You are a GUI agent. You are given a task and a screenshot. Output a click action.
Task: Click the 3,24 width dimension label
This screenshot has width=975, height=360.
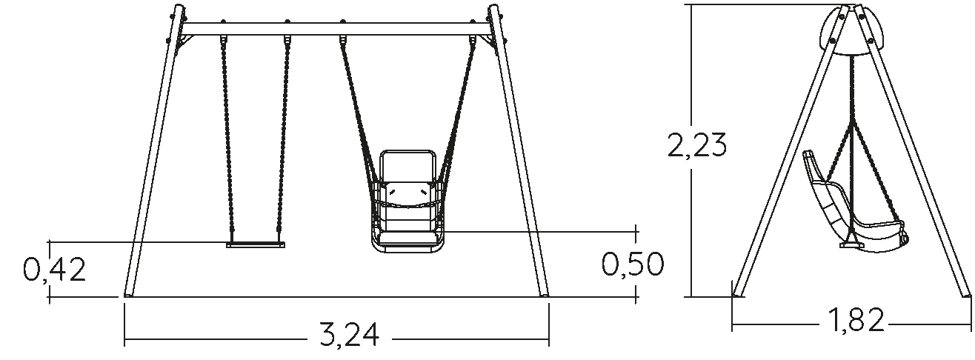350,334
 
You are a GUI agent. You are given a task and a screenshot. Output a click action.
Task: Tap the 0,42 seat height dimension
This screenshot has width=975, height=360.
54,270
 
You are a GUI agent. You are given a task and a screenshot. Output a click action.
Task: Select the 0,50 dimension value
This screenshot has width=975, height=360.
633,264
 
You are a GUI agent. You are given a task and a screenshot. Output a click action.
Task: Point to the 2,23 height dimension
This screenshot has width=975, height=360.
697,145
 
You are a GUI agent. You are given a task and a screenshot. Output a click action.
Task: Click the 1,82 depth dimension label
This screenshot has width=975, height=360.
855,320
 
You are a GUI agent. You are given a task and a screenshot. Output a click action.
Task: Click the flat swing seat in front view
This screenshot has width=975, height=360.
256,244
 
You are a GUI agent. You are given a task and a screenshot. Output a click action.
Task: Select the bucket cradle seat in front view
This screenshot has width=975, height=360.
409,201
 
